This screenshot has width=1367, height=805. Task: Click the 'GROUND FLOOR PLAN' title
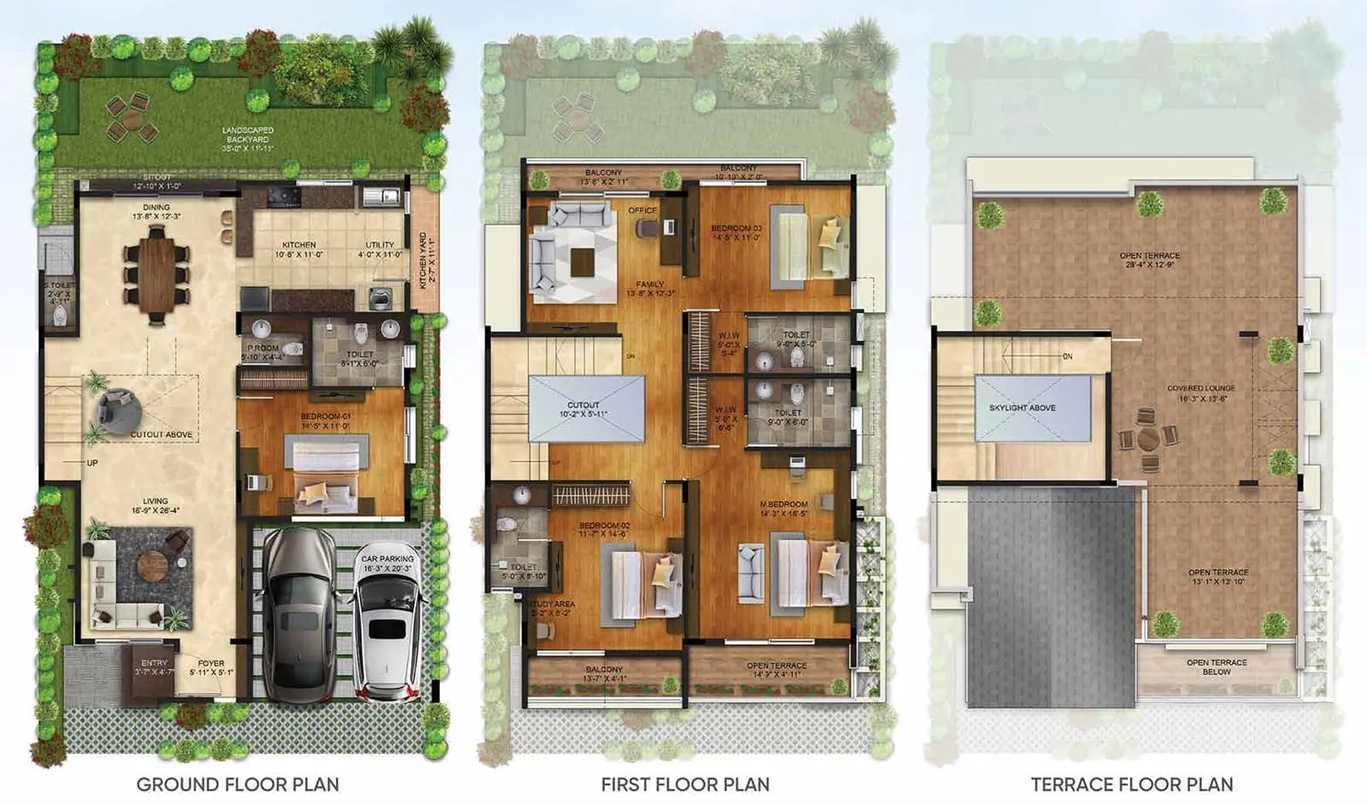(238, 784)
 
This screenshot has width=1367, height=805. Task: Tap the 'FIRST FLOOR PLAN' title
(685, 784)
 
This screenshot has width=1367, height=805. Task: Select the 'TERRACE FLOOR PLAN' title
(1132, 784)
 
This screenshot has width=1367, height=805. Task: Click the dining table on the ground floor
(155, 277)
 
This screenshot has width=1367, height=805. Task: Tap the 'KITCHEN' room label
(299, 245)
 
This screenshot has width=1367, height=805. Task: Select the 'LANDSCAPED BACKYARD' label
(248, 135)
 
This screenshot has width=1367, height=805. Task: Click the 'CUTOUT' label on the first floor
(584, 405)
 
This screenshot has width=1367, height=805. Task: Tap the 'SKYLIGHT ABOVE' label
(1022, 408)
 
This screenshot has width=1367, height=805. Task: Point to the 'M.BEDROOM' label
(783, 504)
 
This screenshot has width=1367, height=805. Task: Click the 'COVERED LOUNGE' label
(1201, 388)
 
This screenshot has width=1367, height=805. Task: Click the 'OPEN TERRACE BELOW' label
(1217, 667)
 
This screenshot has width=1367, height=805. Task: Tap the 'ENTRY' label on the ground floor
(155, 662)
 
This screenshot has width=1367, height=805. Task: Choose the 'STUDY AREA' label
(552, 604)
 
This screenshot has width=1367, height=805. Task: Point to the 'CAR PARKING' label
(387, 559)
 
